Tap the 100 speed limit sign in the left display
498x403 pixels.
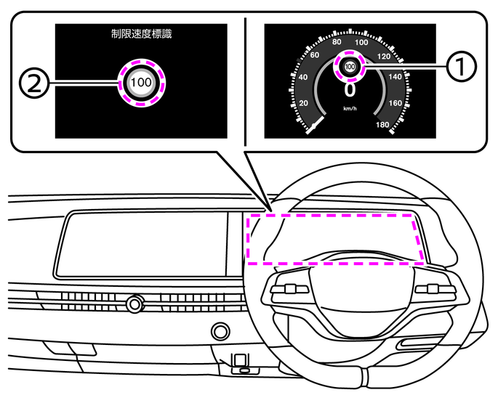click(142, 82)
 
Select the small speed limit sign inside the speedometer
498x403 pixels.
click(350, 67)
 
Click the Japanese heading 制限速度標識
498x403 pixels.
click(141, 33)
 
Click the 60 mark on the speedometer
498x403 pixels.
click(316, 54)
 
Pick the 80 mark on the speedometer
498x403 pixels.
click(337, 42)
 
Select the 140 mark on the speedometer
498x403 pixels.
click(395, 76)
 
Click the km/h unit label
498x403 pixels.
click(350, 108)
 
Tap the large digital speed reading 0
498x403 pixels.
click(350, 89)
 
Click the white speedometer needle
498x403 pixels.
click(314, 127)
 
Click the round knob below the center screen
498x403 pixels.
click(134, 304)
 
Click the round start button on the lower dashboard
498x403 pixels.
click(218, 333)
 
